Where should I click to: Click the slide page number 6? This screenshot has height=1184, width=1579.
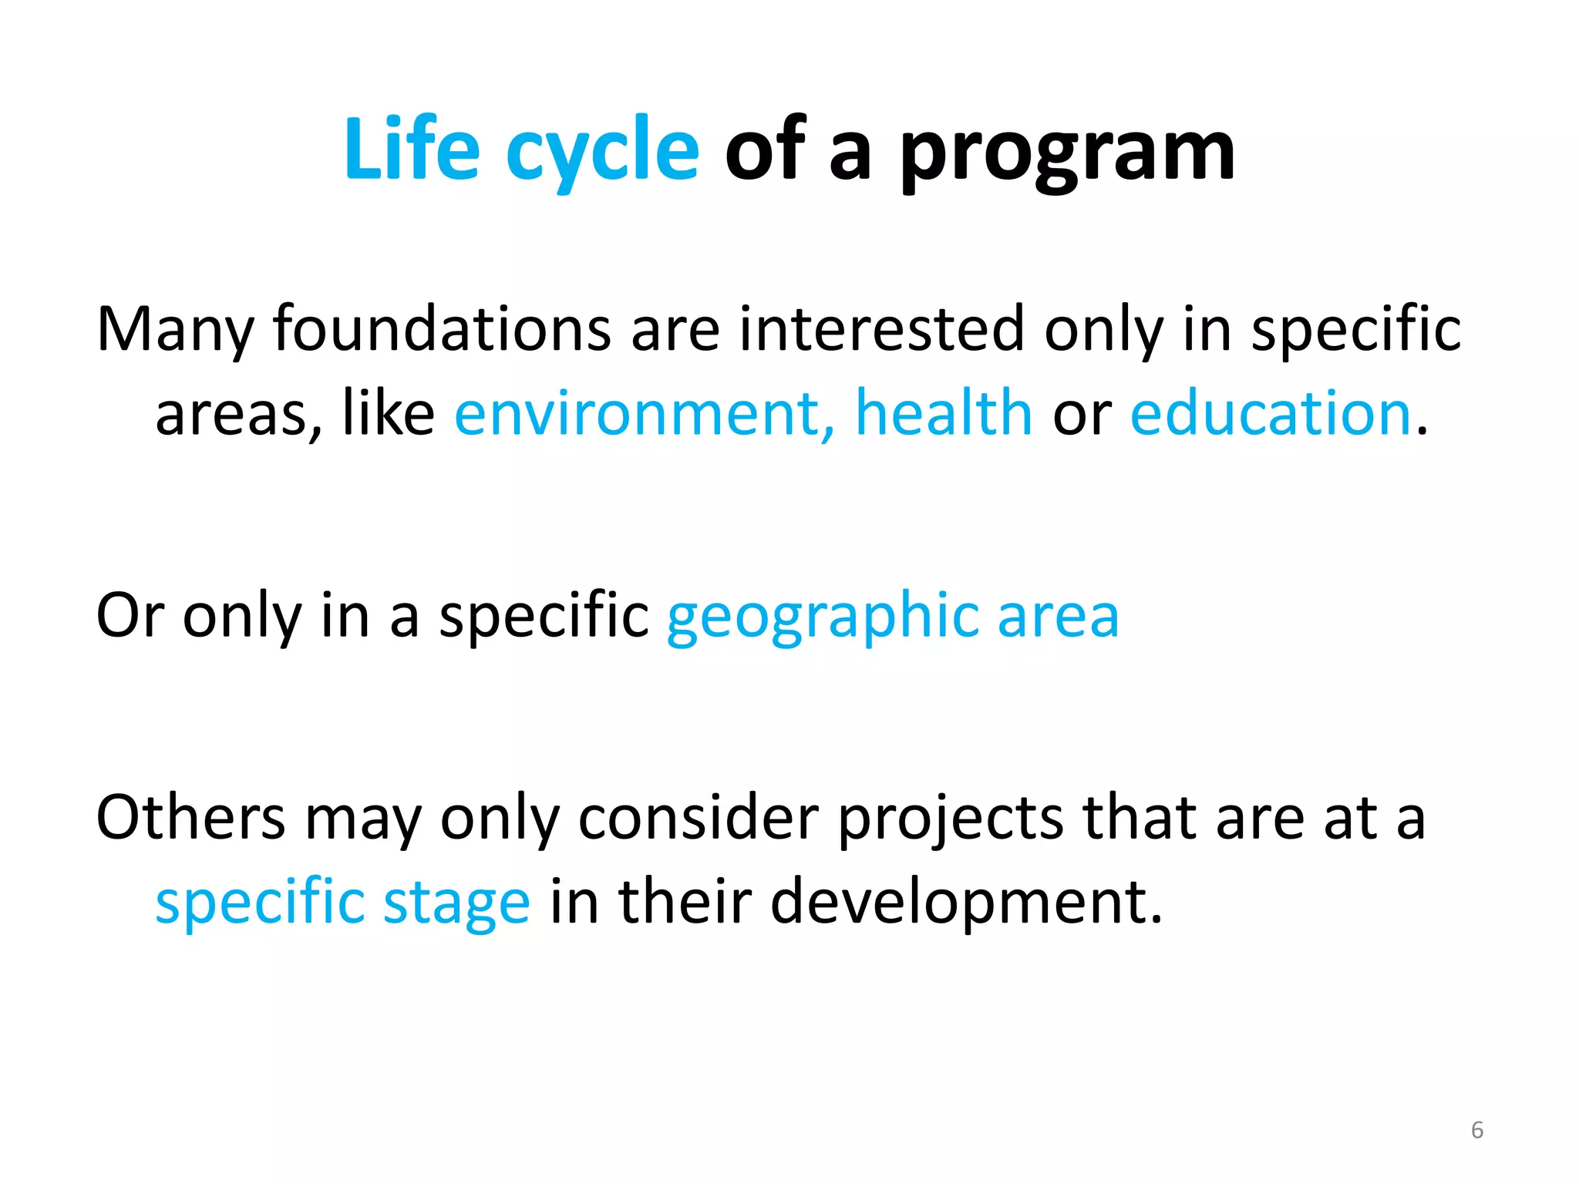pyautogui.click(x=1476, y=1130)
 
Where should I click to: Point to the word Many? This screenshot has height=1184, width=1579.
pyautogui.click(x=174, y=330)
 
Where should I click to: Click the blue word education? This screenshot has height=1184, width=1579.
pyautogui.click(x=1271, y=413)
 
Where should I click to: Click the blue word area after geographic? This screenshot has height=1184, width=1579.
pyautogui.click(x=1058, y=617)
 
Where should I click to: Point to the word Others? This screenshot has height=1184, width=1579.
pyautogui.click(x=190, y=817)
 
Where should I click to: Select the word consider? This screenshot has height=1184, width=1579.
pyautogui.click(x=698, y=817)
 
